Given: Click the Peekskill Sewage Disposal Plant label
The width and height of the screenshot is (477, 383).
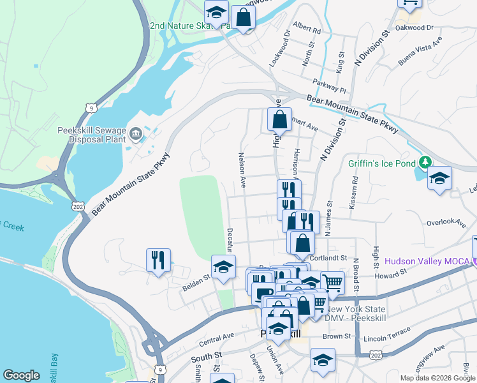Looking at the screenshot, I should (x=94, y=133).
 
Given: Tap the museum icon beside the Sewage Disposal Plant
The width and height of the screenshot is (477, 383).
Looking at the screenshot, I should (x=136, y=133).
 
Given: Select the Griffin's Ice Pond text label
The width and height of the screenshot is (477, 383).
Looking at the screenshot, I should (x=382, y=163).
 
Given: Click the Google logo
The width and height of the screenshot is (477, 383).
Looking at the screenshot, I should (x=22, y=375).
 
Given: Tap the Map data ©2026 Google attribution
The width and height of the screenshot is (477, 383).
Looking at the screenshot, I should (x=437, y=378).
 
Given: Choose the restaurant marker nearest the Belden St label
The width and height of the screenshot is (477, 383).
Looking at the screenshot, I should (x=158, y=260).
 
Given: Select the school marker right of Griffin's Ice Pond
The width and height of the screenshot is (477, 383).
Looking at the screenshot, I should (x=439, y=178).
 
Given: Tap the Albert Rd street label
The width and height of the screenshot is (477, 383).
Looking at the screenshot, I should (x=307, y=29).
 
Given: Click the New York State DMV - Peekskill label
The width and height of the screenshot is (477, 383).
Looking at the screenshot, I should (x=353, y=313).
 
